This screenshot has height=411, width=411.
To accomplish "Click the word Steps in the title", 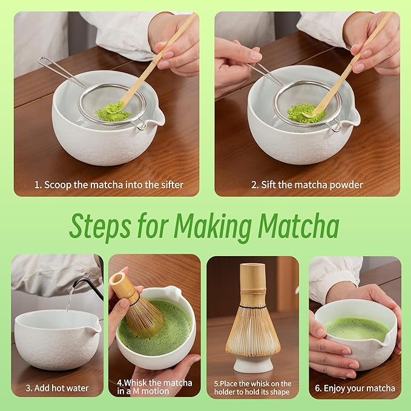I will pyautogui.click(x=98, y=226).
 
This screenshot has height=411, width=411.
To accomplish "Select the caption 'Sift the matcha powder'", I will pyautogui.click(x=307, y=185).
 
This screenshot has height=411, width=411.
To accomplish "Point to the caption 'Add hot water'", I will pyautogui.click(x=58, y=388).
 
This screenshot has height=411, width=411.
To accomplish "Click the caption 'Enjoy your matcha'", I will pyautogui.click(x=355, y=388).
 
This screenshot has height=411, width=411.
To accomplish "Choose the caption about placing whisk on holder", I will pyautogui.click(x=252, y=387).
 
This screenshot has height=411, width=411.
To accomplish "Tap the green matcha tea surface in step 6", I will pyautogui.click(x=356, y=329).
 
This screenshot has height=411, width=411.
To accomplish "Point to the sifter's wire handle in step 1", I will pyautogui.click(x=61, y=71).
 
